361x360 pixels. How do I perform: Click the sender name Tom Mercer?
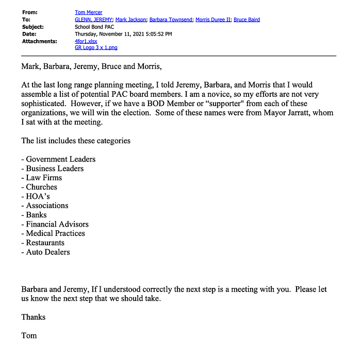tap(89, 12)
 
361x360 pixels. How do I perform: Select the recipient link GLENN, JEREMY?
tap(93, 20)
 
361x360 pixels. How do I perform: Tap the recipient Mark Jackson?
tap(130, 20)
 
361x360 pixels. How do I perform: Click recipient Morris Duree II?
tap(212, 20)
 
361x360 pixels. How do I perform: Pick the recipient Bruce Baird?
tap(247, 20)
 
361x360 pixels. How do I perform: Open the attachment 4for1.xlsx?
tap(86, 41)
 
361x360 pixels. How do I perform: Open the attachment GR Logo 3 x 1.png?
tap(96, 47)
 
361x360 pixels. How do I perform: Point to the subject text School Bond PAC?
tap(94, 27)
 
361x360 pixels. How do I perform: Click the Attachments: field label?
tap(39, 41)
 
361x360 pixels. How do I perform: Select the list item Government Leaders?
tap(60, 159)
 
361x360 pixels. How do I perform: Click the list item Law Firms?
tap(44, 178)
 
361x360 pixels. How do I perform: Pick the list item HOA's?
tap(38, 196)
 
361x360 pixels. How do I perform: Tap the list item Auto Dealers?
tap(48, 252)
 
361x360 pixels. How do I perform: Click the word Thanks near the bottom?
tap(33, 317)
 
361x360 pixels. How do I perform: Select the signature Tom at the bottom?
tap(29, 335)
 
